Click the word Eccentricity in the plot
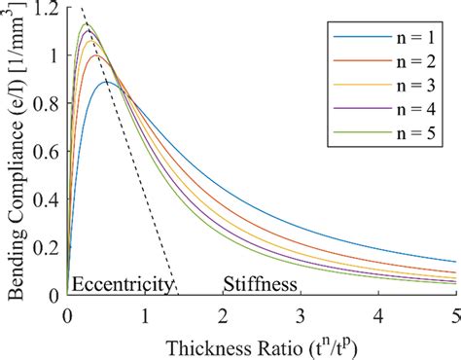(x=123, y=284)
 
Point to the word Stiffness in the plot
(x=260, y=284)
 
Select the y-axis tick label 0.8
(x=43, y=104)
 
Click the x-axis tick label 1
(x=144, y=315)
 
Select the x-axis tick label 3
(x=301, y=315)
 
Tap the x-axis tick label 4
(x=378, y=315)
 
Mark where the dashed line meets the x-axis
(x=176, y=294)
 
